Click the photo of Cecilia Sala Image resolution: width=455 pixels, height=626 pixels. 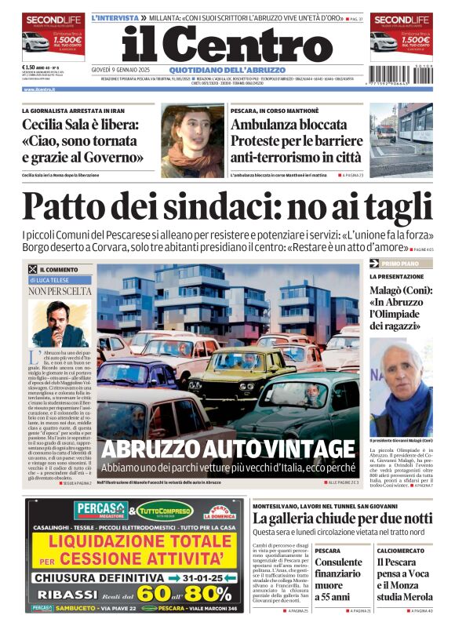[191, 140]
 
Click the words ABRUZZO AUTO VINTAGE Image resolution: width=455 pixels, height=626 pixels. [227, 448]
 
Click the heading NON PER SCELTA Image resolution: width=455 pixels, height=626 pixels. [60, 291]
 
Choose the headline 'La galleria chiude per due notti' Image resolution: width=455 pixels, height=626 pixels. [341, 519]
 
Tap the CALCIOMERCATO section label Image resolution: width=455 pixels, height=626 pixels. [400, 551]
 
